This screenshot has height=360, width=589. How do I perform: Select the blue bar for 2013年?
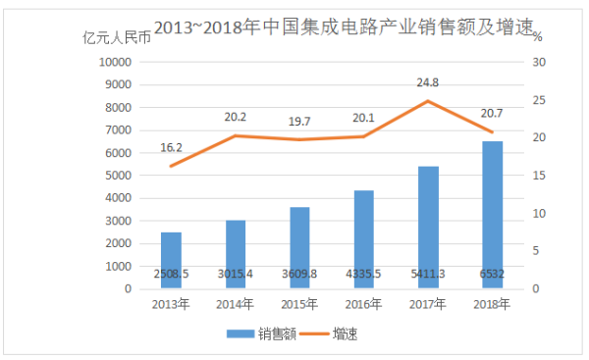coord(171,260)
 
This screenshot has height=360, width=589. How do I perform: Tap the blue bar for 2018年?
coord(492,215)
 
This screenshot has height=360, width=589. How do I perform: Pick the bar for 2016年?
coord(363,239)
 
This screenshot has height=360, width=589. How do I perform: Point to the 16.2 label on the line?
coord(171,147)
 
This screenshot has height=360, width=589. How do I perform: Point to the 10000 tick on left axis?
coord(115,61)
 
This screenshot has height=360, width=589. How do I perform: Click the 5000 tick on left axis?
coord(118,175)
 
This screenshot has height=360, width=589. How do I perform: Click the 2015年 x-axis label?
coord(299,304)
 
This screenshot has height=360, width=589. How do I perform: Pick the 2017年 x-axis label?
coord(428,304)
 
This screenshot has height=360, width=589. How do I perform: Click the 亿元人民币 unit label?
coord(118,39)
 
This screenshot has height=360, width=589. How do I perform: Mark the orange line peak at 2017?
coord(428,100)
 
